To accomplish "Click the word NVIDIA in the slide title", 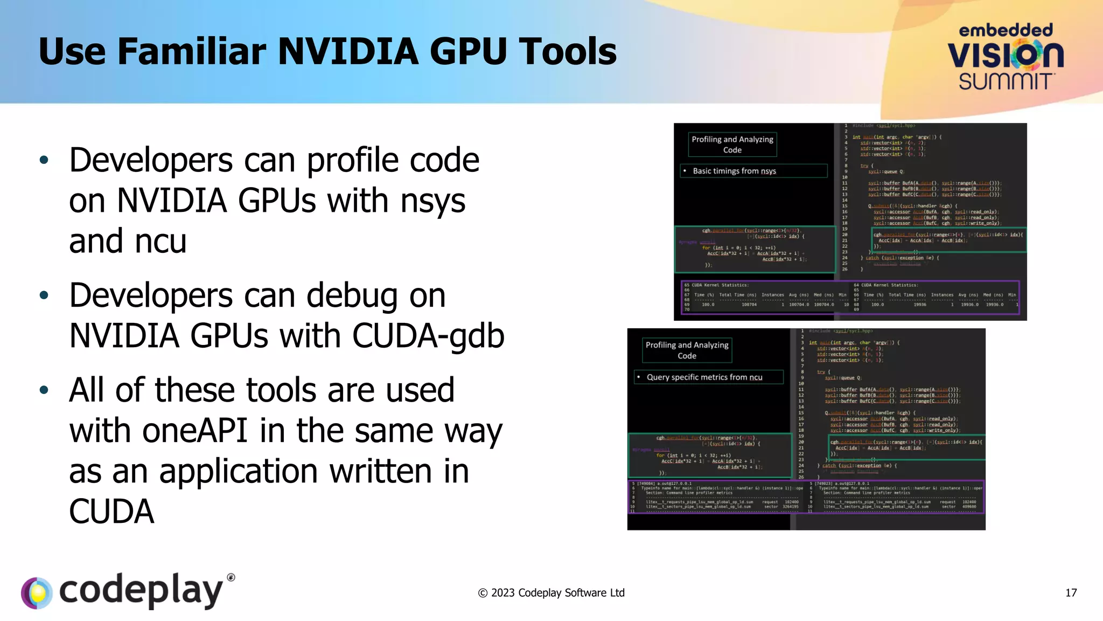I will coord(348,52).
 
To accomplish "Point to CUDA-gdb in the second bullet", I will coord(428,336).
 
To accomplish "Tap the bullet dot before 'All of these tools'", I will coord(44,390).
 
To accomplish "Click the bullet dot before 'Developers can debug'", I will coord(44,295).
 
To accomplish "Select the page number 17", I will coord(1071,593).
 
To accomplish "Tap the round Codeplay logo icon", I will coord(37,593).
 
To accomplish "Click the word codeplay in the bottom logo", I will coord(141,591).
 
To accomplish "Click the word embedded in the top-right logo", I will coord(1006,30).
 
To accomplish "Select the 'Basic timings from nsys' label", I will coord(734,171).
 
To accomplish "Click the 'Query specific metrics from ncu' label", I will coord(704,377).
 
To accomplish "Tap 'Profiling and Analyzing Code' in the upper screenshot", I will coord(732,144).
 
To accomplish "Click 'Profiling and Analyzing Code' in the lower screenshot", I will coord(687,350).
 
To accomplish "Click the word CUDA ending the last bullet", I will coord(111,512).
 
